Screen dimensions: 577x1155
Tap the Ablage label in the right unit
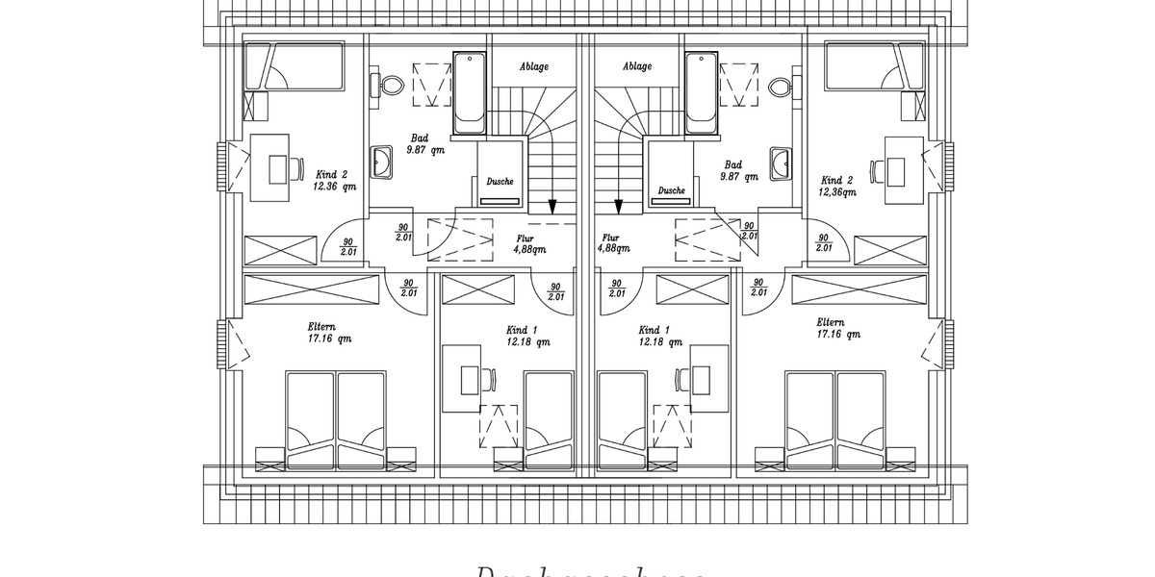click(x=637, y=67)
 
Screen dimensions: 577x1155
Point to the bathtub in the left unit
click(x=470, y=94)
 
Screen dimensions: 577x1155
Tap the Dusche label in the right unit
click(x=672, y=190)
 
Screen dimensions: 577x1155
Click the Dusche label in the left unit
click(x=500, y=181)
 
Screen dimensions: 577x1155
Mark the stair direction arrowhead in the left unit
click(x=553, y=206)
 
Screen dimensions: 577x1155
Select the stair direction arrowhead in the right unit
click(x=618, y=206)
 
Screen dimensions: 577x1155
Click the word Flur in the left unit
click(x=526, y=238)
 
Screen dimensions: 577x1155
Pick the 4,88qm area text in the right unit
click(x=612, y=248)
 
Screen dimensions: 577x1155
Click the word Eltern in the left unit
click(x=323, y=326)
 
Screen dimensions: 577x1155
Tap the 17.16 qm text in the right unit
click(x=836, y=334)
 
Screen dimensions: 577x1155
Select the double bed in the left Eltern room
click(x=335, y=419)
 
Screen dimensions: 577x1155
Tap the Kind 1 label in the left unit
click(x=522, y=330)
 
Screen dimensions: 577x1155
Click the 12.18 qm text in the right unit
click(x=659, y=341)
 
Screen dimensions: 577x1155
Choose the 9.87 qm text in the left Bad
click(x=425, y=149)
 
